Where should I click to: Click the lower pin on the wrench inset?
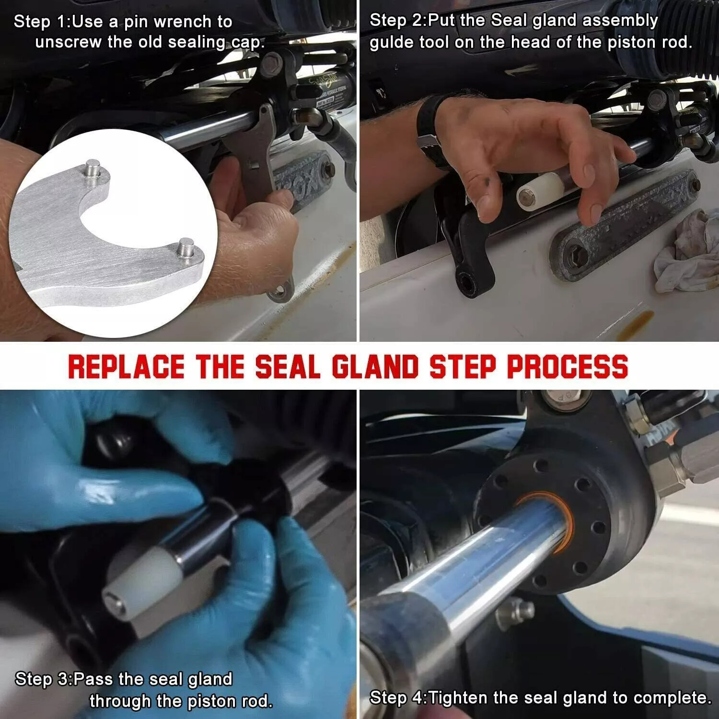coord(185,248)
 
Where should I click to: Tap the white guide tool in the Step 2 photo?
coord(540,191)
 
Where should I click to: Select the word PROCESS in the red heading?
coord(568,367)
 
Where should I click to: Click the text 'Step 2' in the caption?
coord(397,21)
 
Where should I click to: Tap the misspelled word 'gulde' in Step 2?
coord(393,43)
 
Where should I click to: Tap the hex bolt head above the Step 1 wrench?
coord(272,61)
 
